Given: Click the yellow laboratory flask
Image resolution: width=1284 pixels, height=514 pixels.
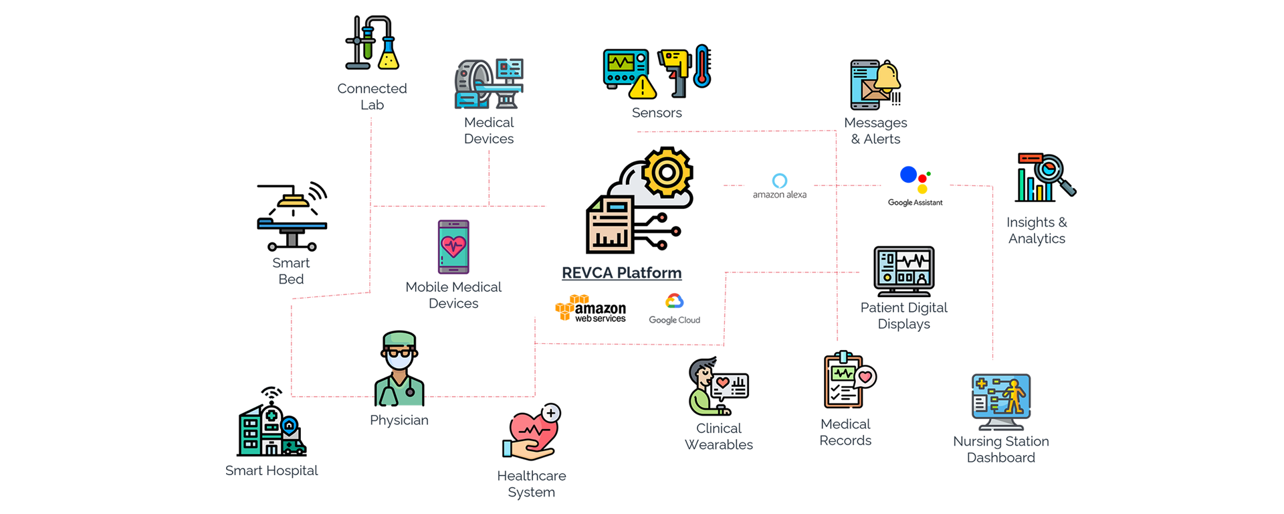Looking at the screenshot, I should [x=389, y=57].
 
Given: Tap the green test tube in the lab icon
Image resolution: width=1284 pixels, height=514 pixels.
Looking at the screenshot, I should [x=367, y=48].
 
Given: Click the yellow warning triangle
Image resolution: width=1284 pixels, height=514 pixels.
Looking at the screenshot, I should [x=642, y=87].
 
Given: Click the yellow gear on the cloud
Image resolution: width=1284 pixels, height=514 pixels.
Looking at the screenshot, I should [x=666, y=173].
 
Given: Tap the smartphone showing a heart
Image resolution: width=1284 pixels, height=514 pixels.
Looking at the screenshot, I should [x=453, y=247].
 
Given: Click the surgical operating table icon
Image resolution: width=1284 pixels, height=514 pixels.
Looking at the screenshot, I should [x=292, y=224].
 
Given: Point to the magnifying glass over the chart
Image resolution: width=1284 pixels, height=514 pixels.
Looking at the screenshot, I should [x=1053, y=173].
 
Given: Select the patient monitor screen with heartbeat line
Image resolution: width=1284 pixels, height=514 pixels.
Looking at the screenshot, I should [x=903, y=269].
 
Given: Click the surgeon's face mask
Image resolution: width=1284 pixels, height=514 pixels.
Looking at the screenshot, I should [x=400, y=360].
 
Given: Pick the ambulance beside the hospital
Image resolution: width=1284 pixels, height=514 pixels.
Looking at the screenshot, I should [x=293, y=446].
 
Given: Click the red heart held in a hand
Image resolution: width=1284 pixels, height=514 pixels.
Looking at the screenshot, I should [x=532, y=432].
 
